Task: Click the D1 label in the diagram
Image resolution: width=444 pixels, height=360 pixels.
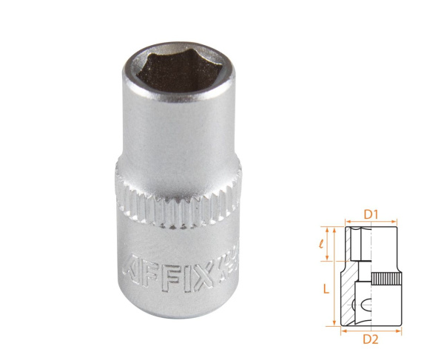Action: point(371,214)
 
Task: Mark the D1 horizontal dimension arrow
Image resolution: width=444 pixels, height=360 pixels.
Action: point(371,222)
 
